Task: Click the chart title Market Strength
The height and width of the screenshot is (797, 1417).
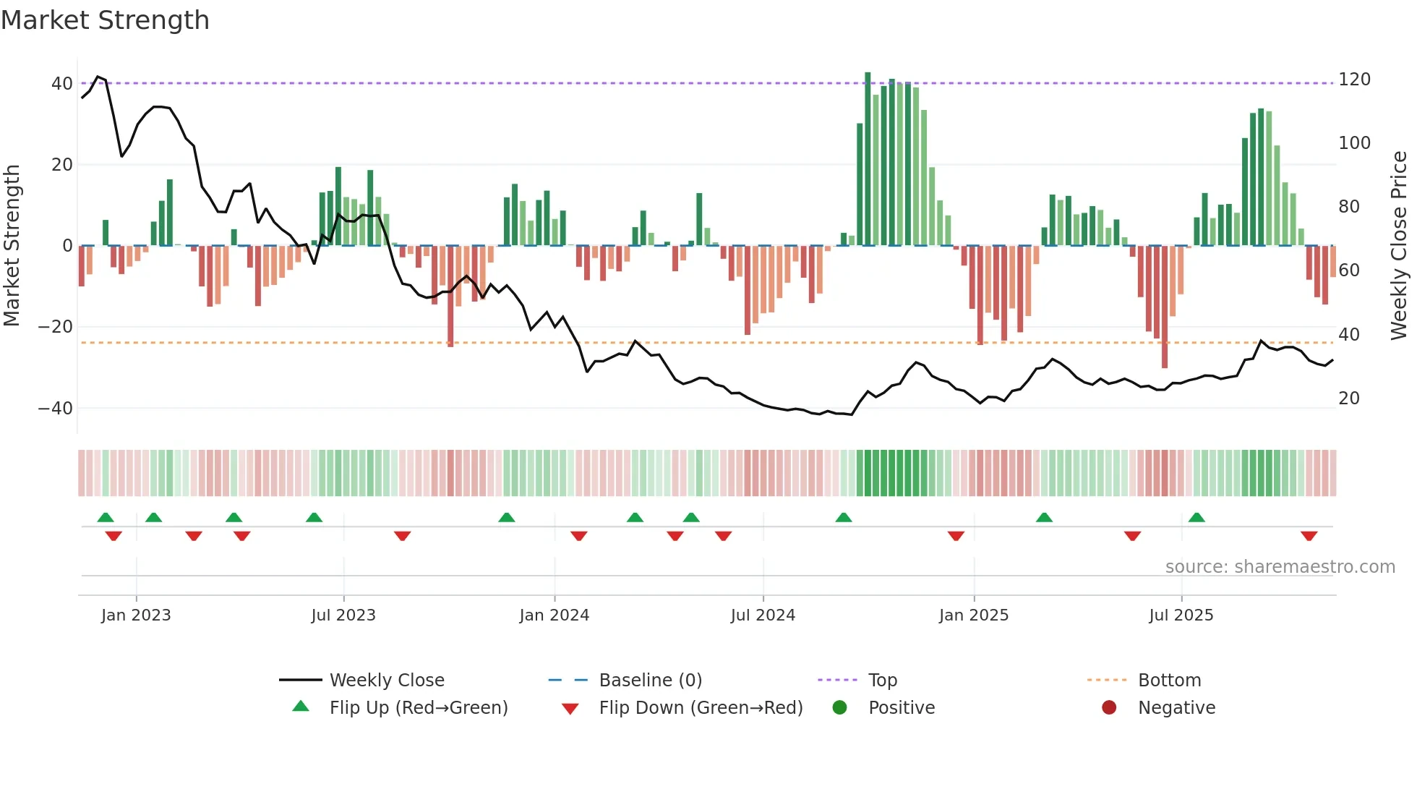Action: pos(105,20)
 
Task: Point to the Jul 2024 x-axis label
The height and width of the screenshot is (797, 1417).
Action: pos(763,615)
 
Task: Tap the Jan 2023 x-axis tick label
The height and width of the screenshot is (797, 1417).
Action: pos(136,615)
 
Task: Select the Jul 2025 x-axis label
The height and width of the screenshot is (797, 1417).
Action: pos(1181,615)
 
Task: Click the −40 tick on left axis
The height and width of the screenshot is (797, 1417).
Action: pos(55,409)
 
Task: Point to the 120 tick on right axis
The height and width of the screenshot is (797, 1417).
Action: pos(1354,80)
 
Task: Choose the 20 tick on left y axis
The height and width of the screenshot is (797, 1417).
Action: pos(62,165)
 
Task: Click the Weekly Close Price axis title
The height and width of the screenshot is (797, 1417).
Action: pos(1399,246)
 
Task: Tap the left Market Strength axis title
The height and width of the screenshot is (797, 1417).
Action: pos(12,246)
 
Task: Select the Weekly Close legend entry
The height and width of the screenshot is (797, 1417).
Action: pos(386,681)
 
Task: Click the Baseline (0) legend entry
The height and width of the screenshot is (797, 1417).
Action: pos(650,681)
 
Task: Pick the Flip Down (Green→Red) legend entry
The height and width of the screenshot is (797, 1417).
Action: pos(700,708)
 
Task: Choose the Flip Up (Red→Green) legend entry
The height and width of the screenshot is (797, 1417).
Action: pos(418,708)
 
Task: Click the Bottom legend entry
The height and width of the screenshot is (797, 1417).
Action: pos(1169,681)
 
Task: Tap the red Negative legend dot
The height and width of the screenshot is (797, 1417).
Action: pos(1109,708)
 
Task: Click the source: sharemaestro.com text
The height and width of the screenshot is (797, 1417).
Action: pos(1280,567)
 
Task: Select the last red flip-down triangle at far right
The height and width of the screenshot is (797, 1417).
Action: pos(1309,536)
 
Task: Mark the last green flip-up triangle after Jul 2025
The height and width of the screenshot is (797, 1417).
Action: pos(1196,518)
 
